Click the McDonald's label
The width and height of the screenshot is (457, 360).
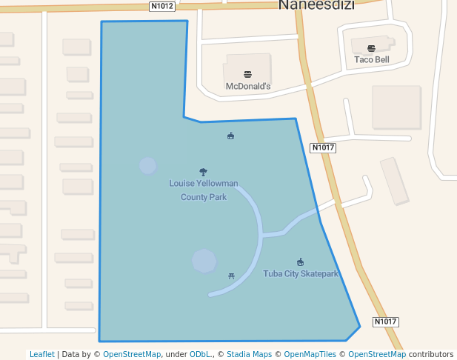(247, 87)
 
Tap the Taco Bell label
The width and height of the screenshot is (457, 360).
(371, 59)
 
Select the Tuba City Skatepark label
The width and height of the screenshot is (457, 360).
(301, 274)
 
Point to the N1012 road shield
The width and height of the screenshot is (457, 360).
(161, 6)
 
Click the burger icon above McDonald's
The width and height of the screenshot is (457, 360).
(247, 74)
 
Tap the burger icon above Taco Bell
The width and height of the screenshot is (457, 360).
(371, 47)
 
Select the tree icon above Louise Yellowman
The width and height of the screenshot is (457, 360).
(204, 172)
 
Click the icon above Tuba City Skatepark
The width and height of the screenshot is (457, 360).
(300, 261)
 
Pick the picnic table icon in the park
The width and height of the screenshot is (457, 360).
(232, 276)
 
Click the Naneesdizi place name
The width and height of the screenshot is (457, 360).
(316, 5)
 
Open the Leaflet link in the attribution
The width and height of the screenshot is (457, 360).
(41, 354)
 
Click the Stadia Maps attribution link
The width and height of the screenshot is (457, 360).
(249, 354)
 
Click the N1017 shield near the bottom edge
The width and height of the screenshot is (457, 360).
(385, 321)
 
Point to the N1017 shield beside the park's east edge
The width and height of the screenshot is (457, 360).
(323, 147)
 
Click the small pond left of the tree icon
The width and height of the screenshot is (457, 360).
(148, 166)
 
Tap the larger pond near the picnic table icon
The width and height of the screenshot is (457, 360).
(204, 261)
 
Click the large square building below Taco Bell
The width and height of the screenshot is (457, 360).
(396, 107)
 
